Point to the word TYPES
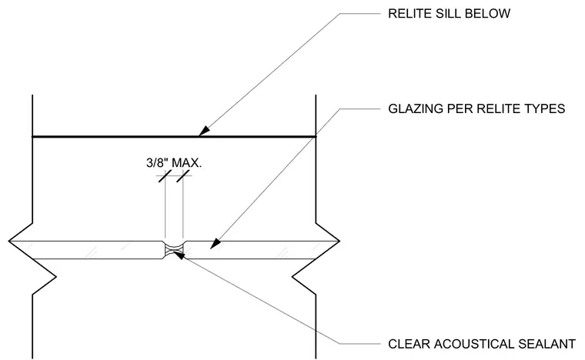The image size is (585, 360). (x=545, y=108)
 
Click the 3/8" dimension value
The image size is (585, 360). (x=157, y=163)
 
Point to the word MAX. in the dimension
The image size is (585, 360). (x=186, y=163)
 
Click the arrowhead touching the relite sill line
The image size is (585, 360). (x=204, y=131)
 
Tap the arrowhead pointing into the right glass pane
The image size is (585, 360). (x=216, y=245)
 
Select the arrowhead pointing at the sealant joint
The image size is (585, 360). (x=179, y=255)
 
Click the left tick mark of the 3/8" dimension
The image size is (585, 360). (x=165, y=175)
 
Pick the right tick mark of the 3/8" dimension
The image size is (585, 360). (x=183, y=175)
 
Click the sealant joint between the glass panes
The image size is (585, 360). (x=174, y=250)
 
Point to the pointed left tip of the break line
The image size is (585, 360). (x=9, y=241)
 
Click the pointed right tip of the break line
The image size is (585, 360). (x=339, y=241)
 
